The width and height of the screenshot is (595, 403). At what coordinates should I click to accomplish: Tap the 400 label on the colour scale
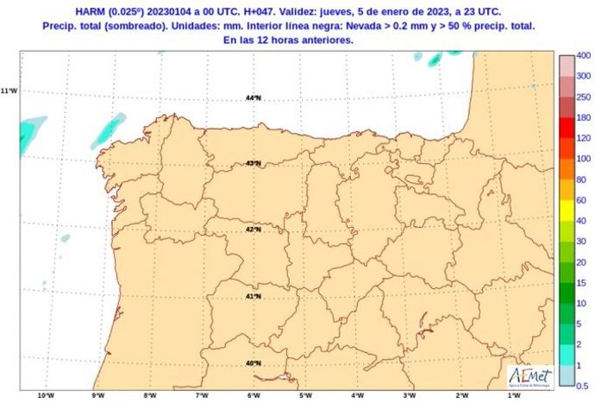coord(583,55)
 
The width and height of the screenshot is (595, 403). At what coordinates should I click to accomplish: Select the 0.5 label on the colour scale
coord(583,385)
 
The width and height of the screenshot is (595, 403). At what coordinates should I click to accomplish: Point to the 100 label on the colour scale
coord(583,158)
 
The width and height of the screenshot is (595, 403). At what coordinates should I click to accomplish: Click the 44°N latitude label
coord(253,98)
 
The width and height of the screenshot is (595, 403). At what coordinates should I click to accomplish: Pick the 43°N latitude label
coord(254,163)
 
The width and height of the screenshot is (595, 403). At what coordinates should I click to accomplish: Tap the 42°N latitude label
coord(254,230)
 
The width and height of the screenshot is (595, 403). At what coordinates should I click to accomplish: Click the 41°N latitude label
coord(254,296)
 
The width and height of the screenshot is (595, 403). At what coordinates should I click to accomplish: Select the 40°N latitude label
coord(254,362)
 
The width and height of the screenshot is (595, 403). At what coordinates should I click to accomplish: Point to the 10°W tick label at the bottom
coord(47,396)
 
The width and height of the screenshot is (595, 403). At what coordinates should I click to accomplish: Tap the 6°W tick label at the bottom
coord(254,396)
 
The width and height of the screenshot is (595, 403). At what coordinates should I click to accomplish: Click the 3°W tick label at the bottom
coord(409,396)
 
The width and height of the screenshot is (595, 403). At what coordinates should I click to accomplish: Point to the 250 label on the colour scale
coord(583,97)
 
